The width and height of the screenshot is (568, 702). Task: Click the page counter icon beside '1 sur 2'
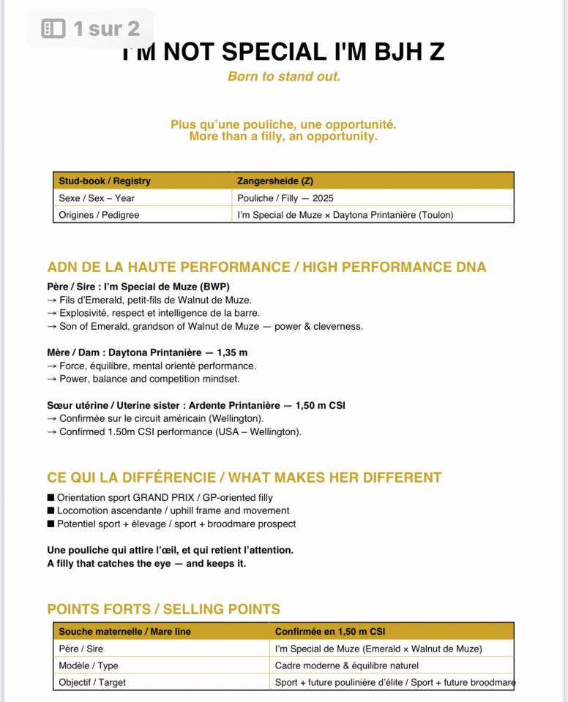pos(53,29)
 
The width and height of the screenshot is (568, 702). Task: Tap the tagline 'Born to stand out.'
pos(284,76)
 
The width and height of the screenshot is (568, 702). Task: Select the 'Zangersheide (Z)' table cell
pos(275,181)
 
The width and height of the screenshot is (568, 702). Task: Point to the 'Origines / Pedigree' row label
pos(99,215)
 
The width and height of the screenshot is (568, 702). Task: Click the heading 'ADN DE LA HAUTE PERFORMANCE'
pos(168,267)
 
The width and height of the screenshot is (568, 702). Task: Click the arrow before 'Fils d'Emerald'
pos(52,300)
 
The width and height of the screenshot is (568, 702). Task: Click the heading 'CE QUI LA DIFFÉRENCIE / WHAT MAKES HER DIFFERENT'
pos(244,478)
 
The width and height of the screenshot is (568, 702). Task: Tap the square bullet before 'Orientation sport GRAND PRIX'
pos(51,498)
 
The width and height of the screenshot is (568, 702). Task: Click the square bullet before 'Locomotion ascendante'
pos(51,511)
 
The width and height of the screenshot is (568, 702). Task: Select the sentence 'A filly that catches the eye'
pos(146,563)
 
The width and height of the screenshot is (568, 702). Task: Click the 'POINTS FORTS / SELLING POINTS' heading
pos(163,609)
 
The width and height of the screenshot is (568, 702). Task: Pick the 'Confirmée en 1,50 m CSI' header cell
pos(330,631)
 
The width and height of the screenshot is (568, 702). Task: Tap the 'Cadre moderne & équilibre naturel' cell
pos(347,665)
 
